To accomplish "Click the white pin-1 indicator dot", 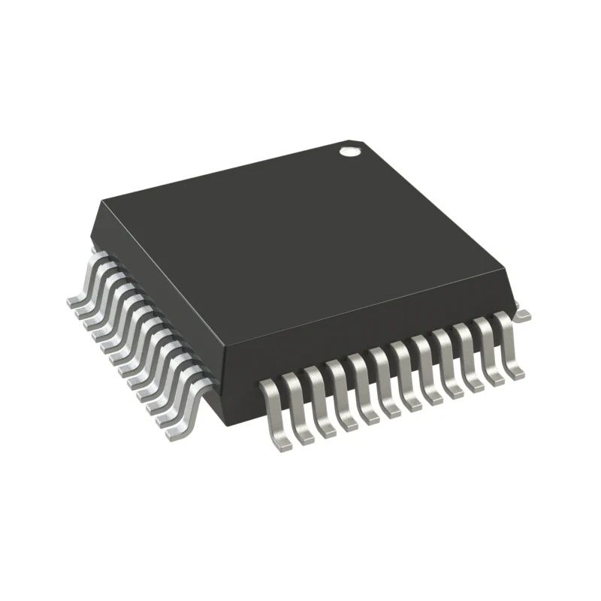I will click(x=348, y=153).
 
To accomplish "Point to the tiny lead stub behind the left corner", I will click(x=92, y=248).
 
